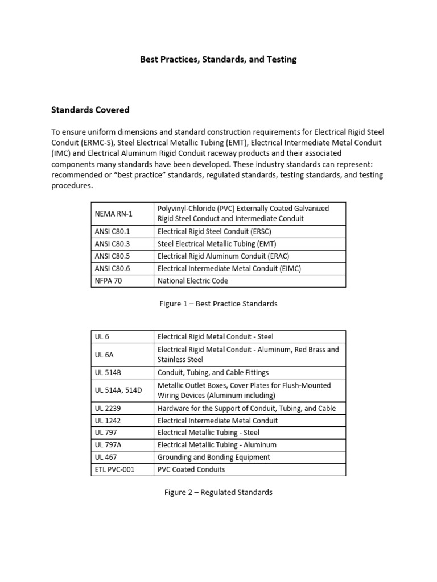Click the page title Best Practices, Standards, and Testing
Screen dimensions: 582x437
click(x=218, y=59)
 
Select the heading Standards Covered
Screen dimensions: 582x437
click(x=91, y=110)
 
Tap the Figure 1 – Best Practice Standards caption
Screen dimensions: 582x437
click(x=218, y=304)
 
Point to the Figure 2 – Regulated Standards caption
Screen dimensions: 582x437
click(x=218, y=492)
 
